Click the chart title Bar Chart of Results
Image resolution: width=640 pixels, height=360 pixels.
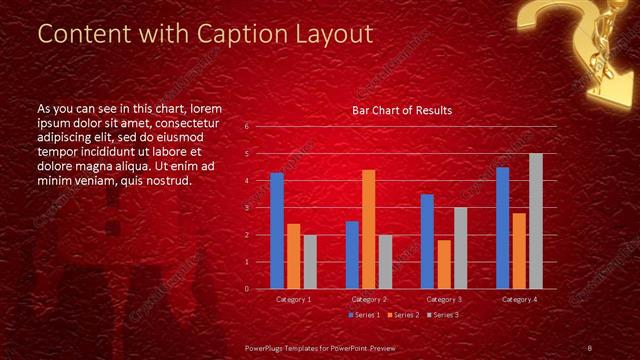(x=401, y=110)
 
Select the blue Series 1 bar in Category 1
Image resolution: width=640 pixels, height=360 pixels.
(x=277, y=231)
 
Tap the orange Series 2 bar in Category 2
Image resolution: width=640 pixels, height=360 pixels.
(x=369, y=229)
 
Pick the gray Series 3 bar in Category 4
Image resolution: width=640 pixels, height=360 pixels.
(x=536, y=221)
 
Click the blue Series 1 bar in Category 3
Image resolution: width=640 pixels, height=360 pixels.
(x=427, y=241)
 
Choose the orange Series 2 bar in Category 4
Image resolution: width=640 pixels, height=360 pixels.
(x=519, y=250)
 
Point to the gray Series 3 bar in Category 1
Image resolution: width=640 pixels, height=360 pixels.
(x=310, y=261)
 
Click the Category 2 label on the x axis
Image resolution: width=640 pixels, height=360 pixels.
(x=368, y=299)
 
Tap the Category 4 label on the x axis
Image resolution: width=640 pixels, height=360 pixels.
(x=519, y=299)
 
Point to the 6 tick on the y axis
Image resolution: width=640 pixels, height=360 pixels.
(x=246, y=127)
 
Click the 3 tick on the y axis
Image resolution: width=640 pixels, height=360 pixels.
(x=246, y=208)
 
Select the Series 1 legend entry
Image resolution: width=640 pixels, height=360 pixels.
(x=362, y=315)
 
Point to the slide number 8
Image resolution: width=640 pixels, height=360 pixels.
(x=590, y=347)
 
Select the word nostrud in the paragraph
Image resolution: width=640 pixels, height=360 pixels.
(x=167, y=180)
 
